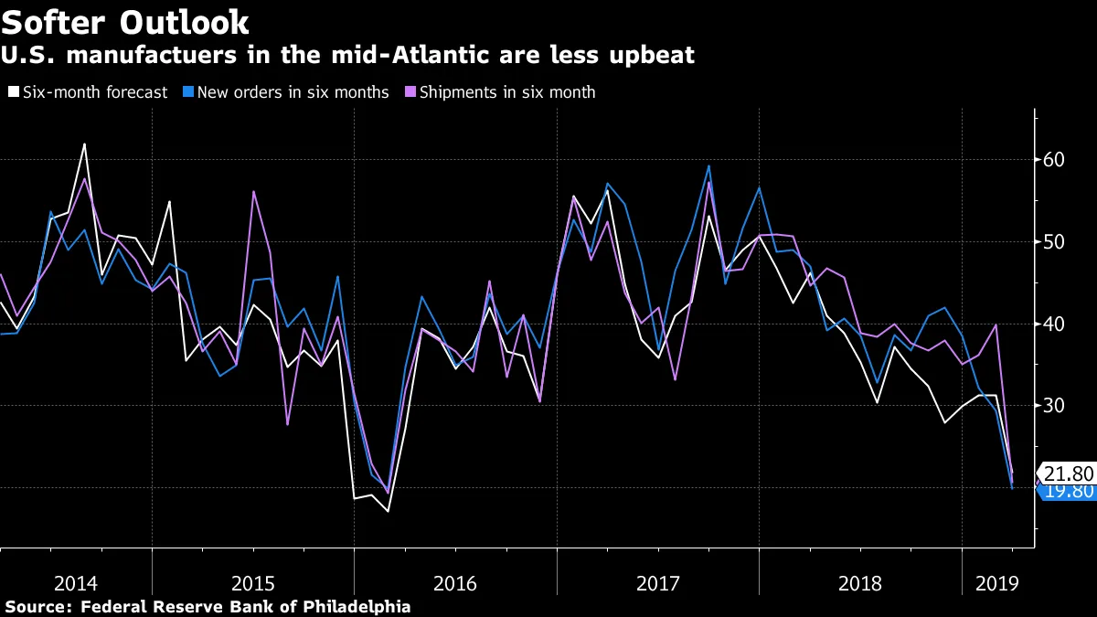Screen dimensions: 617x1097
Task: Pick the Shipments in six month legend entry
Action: [x=506, y=92]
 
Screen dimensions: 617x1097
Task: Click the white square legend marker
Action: [x=13, y=92]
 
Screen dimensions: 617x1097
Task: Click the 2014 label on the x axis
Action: [x=76, y=582]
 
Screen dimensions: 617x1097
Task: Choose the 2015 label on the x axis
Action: [x=253, y=582]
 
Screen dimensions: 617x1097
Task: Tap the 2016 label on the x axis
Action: [x=455, y=582]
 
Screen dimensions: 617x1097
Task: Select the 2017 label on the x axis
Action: [x=657, y=582]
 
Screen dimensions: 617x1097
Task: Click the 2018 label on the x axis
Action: [x=860, y=582]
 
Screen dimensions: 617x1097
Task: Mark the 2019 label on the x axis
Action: [x=998, y=582]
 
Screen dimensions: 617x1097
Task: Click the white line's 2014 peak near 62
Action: [x=84, y=144]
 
